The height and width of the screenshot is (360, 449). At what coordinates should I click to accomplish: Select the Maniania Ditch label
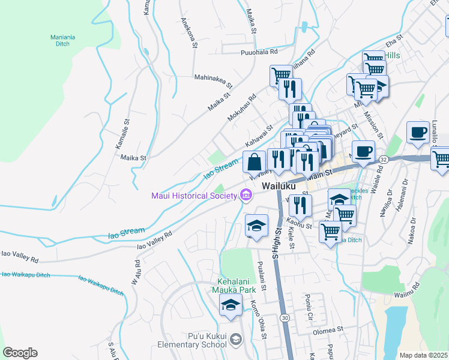point(62,40)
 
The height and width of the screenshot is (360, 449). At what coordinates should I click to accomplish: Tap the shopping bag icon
point(254,162)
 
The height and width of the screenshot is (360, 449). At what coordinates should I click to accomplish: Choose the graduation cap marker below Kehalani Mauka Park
point(230,305)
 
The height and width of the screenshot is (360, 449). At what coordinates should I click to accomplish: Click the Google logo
point(20,353)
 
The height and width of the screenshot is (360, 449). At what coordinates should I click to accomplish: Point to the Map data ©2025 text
point(423,355)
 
